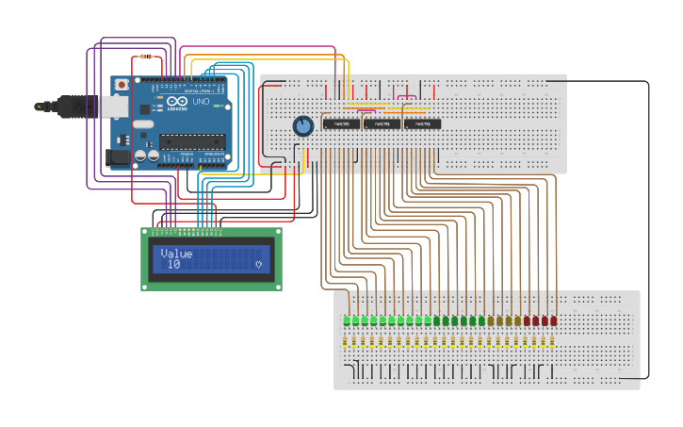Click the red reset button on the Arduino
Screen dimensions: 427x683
(122, 85)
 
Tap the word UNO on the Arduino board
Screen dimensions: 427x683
(201, 101)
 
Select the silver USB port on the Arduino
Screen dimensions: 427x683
(114, 107)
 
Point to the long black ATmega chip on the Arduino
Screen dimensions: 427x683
(192, 141)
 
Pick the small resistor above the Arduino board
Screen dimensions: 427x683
(145, 57)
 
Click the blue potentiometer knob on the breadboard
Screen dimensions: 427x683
(302, 125)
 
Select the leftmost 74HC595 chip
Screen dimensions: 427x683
(341, 123)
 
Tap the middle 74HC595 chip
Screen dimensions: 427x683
(382, 123)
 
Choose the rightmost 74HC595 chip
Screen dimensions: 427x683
(422, 123)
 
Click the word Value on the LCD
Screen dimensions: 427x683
(176, 254)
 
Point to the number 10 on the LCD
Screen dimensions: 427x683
(173, 265)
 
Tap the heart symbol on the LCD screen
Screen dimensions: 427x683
(258, 265)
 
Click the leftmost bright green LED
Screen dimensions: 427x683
(347, 320)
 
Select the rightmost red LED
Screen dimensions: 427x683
(553, 320)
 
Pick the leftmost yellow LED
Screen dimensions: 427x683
(490, 320)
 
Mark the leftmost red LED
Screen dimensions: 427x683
(527, 320)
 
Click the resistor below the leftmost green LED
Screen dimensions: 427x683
(347, 342)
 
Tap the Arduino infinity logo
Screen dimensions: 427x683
(177, 101)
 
